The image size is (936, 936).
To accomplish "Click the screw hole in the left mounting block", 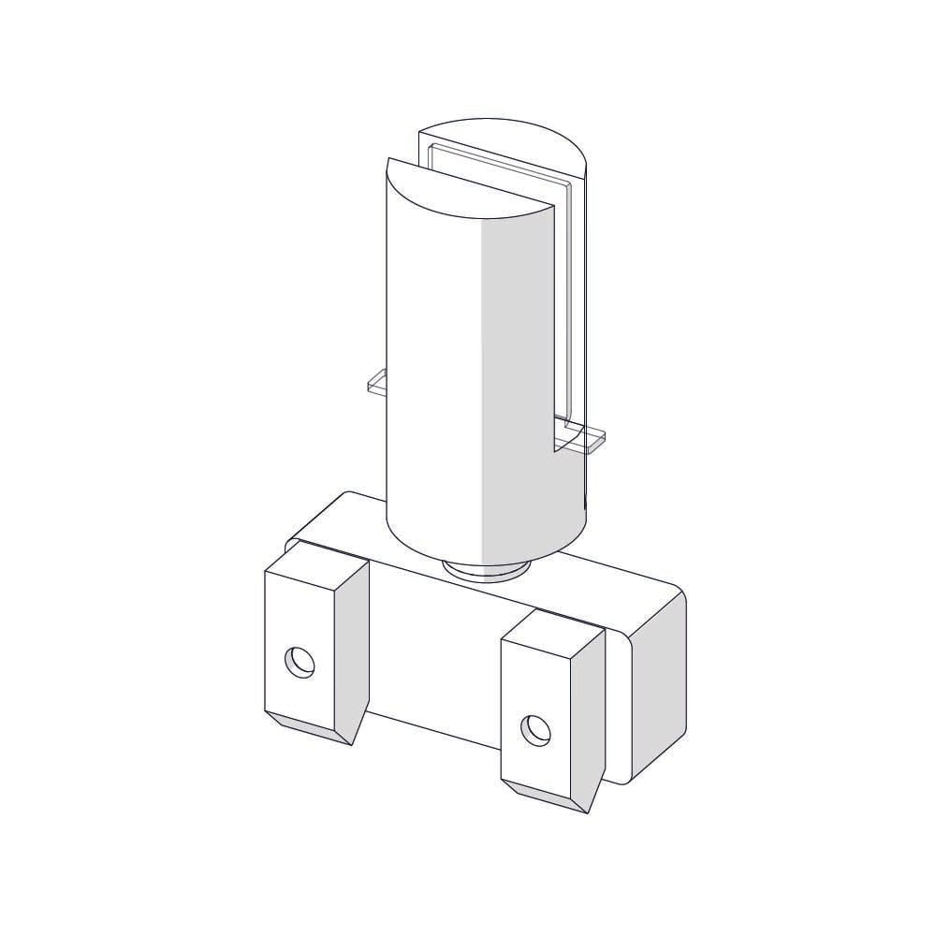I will pyautogui.click(x=300, y=663).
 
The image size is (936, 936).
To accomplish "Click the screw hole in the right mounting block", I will pyautogui.click(x=536, y=728).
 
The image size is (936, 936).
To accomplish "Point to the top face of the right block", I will pyautogui.click(x=552, y=626).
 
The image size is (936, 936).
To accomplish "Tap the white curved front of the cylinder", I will pyautogui.click(x=431, y=374).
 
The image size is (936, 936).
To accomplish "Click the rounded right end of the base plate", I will pyautogui.click(x=661, y=683).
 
